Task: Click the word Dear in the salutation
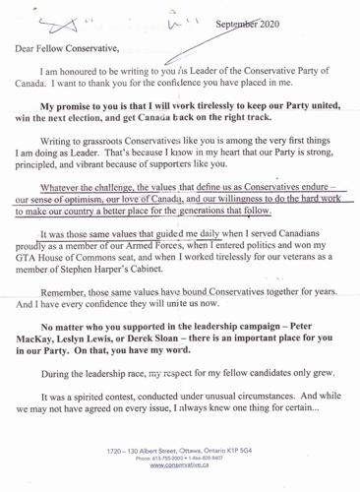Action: [x=27, y=48]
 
